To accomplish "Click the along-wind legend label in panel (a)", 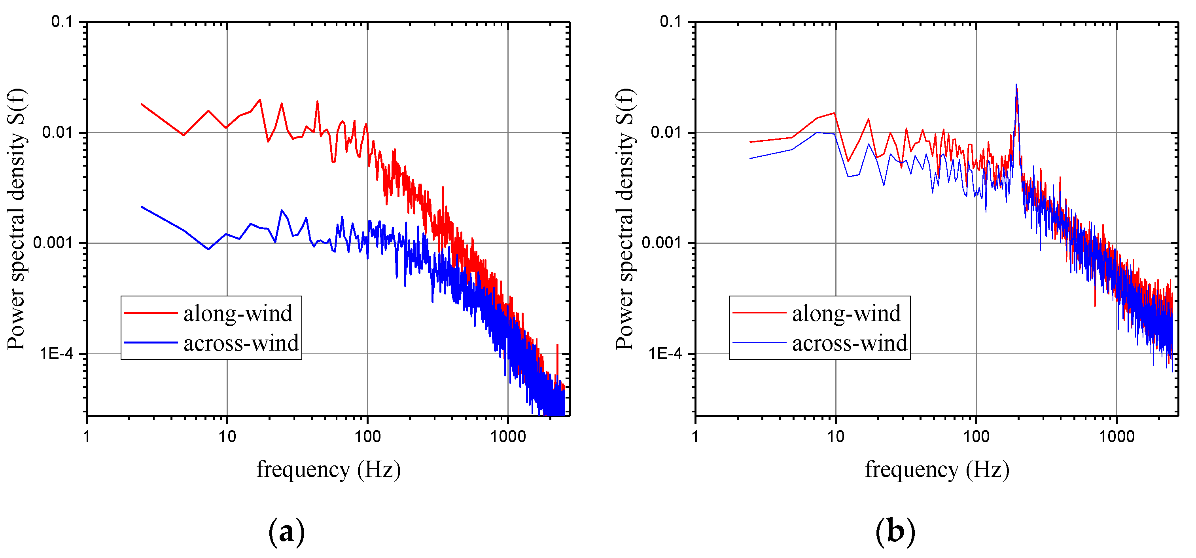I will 238,313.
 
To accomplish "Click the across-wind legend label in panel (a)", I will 241,344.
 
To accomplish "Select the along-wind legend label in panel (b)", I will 846,313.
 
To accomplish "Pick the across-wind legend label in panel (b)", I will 849,344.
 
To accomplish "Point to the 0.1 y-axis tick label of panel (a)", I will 62,21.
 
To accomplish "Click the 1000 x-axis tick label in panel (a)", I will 508,437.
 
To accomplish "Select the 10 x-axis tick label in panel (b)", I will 835,437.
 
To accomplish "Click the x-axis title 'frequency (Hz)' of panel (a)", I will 328,469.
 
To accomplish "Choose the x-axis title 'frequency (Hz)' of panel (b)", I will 937,469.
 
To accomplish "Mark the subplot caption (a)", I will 286,531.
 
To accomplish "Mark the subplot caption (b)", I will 895,531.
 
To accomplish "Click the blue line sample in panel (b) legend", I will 759,343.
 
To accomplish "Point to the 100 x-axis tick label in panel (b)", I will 976,437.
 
